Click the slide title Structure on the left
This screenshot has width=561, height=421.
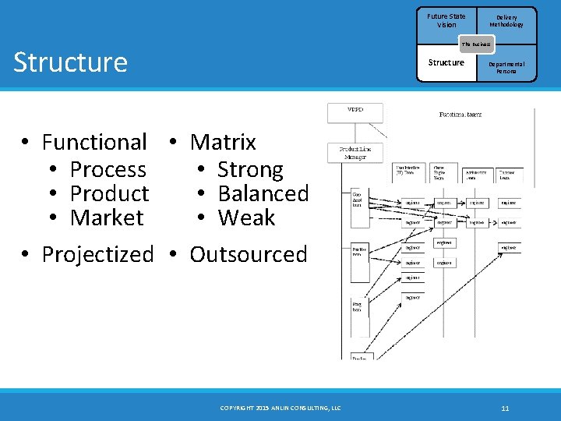tap(70, 62)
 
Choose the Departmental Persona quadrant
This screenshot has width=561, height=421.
tap(506, 67)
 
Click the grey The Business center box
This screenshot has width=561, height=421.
tap(476, 44)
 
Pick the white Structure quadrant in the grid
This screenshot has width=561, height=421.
tap(446, 62)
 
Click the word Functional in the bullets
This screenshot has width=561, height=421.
tap(94, 142)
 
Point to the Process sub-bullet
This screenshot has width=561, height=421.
tap(108, 169)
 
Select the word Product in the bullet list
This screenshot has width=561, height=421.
tap(109, 193)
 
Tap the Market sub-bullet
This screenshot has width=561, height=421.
tap(107, 218)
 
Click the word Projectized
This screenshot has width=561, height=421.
tap(97, 254)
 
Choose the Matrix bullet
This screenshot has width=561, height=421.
tap(223, 142)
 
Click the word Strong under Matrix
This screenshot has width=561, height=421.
tap(250, 169)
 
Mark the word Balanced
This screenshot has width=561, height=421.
tap(263, 193)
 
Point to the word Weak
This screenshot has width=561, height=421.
tap(246, 218)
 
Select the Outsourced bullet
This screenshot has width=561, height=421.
tap(249, 254)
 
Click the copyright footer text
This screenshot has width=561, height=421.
tap(280, 408)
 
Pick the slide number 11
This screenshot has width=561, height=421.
tap(505, 408)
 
